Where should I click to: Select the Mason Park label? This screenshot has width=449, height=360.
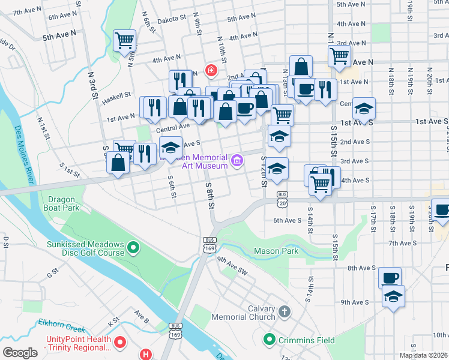coord(276,251)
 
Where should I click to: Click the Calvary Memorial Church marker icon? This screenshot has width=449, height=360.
coord(284,312)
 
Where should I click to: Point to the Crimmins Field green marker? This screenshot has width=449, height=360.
coord(270,340)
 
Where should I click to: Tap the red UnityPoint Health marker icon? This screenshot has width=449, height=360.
coord(119,343)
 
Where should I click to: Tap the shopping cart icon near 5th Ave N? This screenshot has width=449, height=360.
coord(125,40)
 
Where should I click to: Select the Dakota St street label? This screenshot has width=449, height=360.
coord(172,19)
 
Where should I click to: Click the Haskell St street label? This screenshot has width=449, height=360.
coord(116,95)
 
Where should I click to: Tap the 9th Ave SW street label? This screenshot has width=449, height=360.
coord(232,263)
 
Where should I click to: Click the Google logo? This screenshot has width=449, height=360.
coord(20,353)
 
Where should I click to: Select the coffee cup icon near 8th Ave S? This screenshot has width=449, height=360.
coord(390,278)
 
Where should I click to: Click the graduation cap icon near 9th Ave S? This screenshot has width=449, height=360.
coord(393,296)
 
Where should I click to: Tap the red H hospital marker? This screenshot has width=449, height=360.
coord(146,354)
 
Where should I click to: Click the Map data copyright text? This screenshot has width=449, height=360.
coord(423,355)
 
